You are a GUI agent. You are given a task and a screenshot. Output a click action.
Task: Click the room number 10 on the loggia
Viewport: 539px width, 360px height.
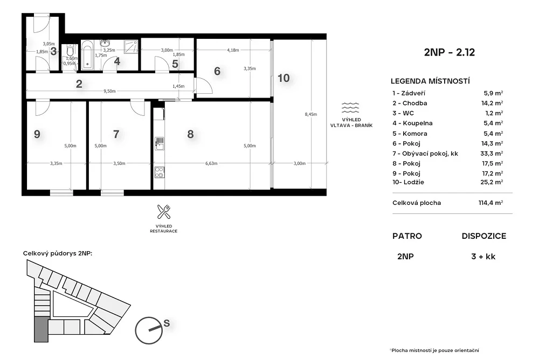tap(284, 78)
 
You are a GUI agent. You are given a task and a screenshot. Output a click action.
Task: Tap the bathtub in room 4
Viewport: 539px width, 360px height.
tap(87, 54)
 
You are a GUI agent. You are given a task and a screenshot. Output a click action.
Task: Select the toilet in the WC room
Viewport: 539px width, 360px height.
tap(70, 51)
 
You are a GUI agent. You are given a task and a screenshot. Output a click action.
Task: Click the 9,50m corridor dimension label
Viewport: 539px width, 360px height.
tap(109, 91)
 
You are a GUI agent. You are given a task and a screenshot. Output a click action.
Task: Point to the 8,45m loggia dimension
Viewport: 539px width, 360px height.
tap(311, 114)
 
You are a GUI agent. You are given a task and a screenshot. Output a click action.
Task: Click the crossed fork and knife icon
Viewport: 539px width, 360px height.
tap(164, 212)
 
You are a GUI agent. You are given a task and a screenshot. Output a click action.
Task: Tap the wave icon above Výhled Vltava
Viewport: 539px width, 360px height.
tap(350, 108)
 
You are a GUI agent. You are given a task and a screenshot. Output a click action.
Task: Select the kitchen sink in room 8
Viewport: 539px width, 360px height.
tap(159, 144)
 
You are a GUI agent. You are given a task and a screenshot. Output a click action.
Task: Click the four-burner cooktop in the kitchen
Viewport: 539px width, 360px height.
tap(159, 172)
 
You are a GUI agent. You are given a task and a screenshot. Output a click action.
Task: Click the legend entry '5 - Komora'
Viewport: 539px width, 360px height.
tap(410, 134)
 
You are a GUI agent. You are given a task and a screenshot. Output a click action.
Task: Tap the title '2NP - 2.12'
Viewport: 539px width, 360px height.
tap(450, 52)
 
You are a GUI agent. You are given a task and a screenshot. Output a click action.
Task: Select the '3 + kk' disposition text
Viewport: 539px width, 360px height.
tap(483, 257)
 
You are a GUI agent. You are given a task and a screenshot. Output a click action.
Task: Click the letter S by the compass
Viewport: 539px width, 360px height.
tap(167, 323)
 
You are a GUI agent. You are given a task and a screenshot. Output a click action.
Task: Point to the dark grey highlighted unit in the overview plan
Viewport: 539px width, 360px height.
tap(42, 329)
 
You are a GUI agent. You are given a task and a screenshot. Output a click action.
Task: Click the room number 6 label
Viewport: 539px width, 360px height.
tap(217, 71)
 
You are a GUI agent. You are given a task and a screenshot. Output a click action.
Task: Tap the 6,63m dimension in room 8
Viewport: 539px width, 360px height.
tap(211, 163)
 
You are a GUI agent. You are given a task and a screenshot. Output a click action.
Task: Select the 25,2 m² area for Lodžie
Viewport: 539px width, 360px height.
tap(492, 182)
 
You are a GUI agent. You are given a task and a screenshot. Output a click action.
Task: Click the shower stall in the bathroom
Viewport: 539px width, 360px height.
tap(131, 47)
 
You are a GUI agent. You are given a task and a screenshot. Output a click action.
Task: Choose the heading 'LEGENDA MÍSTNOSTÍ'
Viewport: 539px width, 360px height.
tap(430, 81)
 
